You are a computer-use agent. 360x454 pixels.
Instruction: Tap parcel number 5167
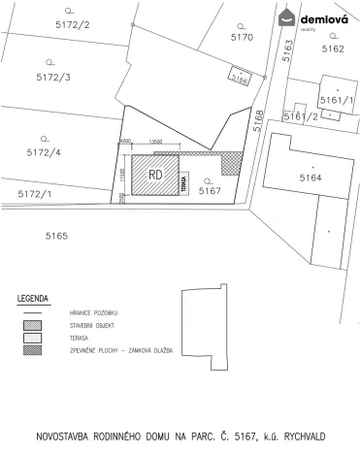(x=211, y=191)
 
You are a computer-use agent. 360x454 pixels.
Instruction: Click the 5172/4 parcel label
(x=44, y=152)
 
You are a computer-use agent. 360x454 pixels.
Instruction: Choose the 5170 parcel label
(x=242, y=37)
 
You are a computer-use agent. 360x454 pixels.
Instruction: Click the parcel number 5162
(x=332, y=47)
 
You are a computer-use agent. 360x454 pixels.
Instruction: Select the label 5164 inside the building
(x=310, y=178)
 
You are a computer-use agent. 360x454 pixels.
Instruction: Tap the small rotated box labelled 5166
(x=240, y=78)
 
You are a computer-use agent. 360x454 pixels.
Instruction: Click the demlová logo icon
(x=288, y=17)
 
